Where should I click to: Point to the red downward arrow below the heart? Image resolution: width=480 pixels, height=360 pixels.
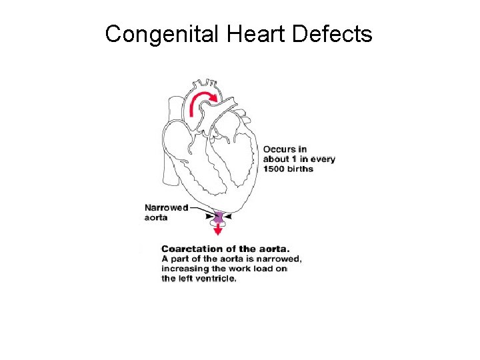[217, 229]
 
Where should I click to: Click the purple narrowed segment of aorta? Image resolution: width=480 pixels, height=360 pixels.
[217, 216]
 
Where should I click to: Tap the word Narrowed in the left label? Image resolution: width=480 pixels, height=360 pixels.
[166, 207]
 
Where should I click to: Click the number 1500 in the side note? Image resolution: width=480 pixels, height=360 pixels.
[275, 169]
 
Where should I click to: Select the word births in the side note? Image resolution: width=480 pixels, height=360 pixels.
[301, 169]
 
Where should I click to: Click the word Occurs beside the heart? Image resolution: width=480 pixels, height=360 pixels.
[279, 149]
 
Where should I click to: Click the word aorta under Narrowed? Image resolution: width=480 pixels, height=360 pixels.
[156, 218]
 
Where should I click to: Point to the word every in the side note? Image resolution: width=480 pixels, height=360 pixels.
[322, 159]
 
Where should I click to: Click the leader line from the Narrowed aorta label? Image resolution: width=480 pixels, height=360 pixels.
[200, 207]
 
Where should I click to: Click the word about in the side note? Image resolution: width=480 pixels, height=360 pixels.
[276, 159]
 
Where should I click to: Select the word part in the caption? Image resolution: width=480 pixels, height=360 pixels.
[181, 259]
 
